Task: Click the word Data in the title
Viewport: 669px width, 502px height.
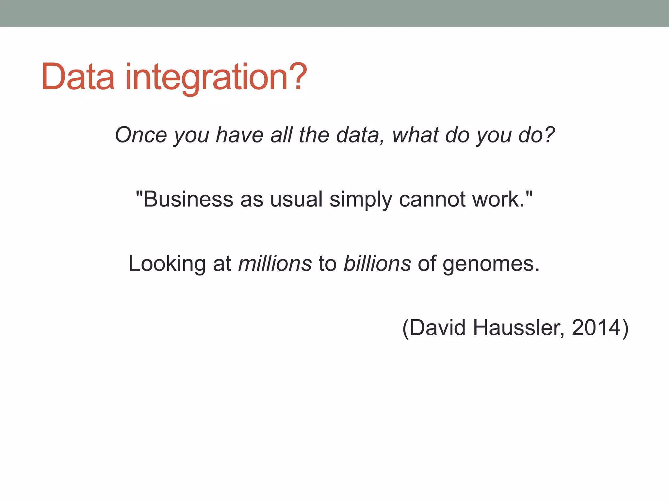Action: click(x=78, y=77)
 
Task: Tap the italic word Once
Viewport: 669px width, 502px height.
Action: click(x=141, y=135)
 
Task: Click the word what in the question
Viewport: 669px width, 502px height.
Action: click(x=415, y=135)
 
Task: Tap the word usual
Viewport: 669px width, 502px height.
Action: click(x=296, y=199)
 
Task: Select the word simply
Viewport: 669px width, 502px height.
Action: click(x=361, y=199)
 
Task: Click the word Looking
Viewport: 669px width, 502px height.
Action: click(x=167, y=263)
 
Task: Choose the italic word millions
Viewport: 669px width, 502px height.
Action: click(x=275, y=263)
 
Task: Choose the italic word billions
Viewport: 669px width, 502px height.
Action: click(x=377, y=263)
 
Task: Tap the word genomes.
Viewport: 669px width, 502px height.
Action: click(x=491, y=263)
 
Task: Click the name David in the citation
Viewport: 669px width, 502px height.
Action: click(x=437, y=328)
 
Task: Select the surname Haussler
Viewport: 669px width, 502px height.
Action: click(x=518, y=328)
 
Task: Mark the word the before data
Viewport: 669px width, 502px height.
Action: click(x=314, y=135)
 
